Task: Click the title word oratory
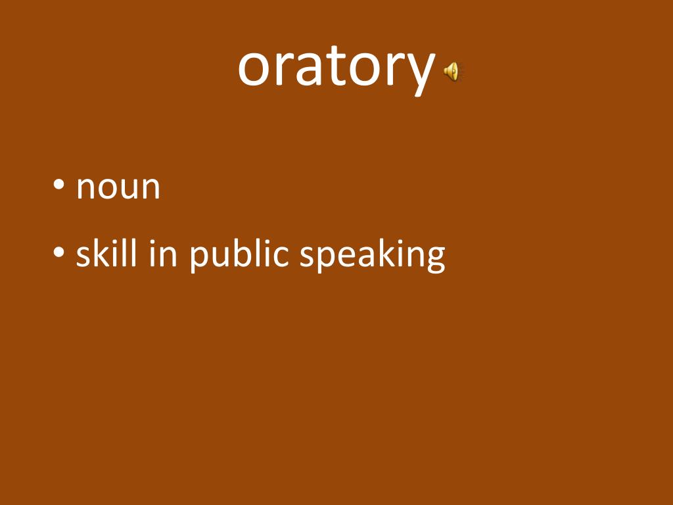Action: (x=336, y=67)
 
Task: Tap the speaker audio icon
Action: (x=452, y=71)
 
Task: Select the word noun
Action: (x=118, y=187)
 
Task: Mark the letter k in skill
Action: (x=100, y=252)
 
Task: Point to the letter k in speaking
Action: (x=385, y=252)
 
